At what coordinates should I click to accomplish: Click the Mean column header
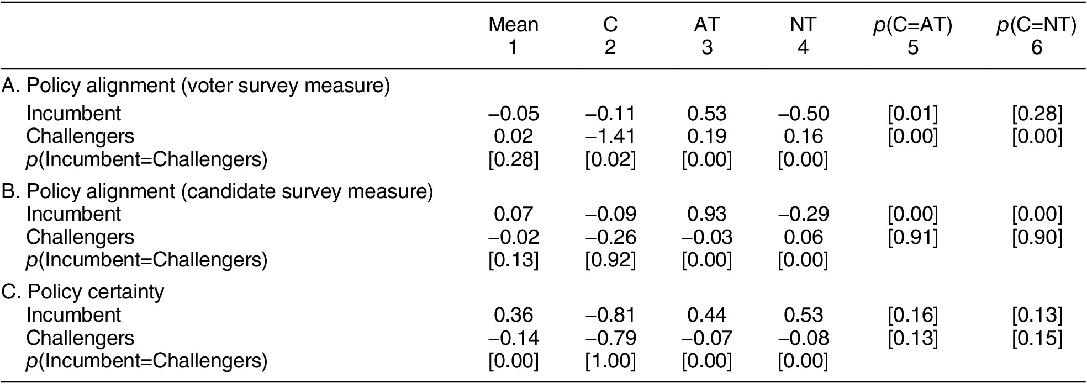click(513, 25)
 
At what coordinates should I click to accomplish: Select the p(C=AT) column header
click(912, 25)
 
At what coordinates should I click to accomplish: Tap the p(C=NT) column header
click(1036, 25)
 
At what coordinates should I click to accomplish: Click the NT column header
click(803, 25)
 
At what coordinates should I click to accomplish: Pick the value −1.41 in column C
click(610, 136)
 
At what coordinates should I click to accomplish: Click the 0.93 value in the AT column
click(706, 214)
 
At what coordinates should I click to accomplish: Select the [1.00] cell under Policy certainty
click(610, 361)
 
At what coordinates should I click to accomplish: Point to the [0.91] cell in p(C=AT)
click(912, 237)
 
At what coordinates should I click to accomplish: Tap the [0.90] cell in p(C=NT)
click(1036, 237)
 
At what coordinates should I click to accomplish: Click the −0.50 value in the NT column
click(803, 114)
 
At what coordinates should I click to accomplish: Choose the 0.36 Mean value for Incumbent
click(513, 315)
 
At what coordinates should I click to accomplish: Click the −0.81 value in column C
click(610, 315)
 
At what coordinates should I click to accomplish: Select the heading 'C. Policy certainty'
click(83, 292)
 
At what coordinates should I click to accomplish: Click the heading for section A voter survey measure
click(196, 87)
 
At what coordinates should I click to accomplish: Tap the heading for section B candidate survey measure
click(217, 191)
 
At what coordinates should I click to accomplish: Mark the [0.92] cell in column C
click(610, 260)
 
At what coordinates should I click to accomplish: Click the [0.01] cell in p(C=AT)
click(912, 114)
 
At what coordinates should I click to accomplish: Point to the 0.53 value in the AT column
click(706, 114)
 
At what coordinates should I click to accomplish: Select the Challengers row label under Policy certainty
click(80, 338)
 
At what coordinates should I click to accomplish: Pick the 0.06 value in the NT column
click(803, 237)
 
